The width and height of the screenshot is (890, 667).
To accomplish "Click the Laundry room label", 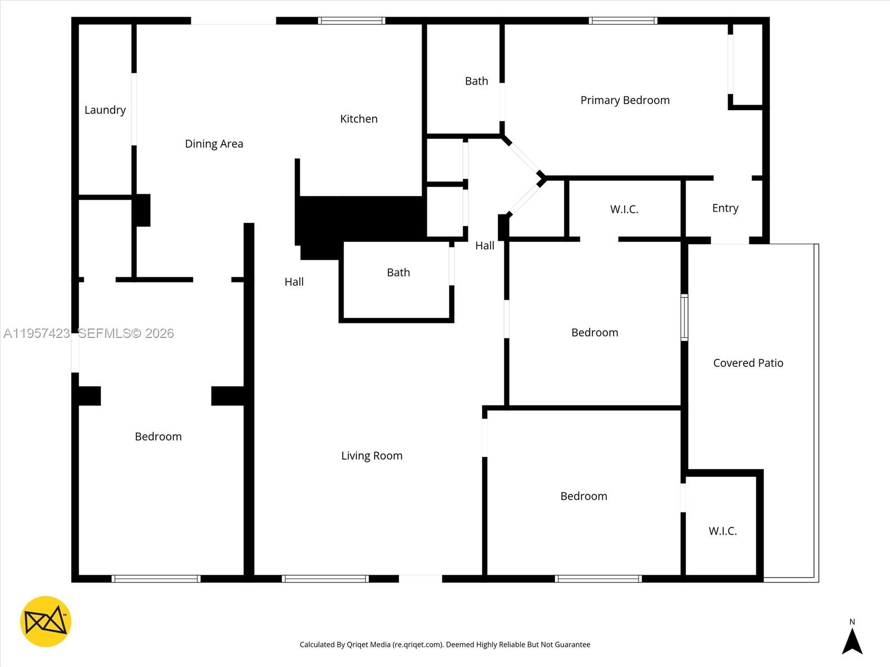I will coord(105,110).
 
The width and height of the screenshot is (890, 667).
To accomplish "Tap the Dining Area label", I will coord(214,144).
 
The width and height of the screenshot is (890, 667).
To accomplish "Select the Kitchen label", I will coord(358,119).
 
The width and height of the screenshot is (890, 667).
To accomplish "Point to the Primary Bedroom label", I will coord(625,101).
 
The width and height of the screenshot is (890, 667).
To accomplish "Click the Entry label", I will coord(725,208).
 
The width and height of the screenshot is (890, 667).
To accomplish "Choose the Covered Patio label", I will coord(748,363).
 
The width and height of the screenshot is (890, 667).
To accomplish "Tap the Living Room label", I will coord(372,456).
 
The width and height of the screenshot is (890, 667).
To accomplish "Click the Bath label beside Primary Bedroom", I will coord(476,81).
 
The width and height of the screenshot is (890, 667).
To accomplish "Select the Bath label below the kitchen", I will coord(398,272).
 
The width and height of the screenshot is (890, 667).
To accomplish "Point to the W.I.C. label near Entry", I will coord(624,210).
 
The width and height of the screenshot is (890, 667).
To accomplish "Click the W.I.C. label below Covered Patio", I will coord(723,531).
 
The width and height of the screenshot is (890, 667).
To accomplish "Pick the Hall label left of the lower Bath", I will coord(294,282).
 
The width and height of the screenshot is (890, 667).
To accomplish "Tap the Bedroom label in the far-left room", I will coord(158,437).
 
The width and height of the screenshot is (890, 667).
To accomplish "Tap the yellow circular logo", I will coord(46,621).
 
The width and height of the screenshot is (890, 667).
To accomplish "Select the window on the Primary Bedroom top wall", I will coord(623,21).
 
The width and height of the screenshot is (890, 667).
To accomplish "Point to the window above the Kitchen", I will coord(352,21).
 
